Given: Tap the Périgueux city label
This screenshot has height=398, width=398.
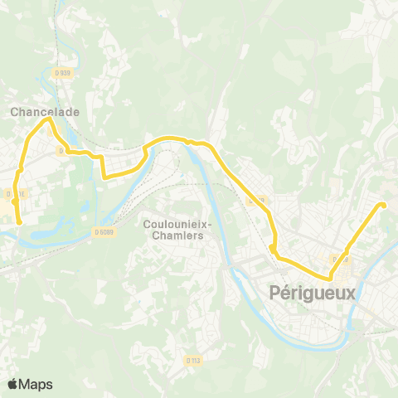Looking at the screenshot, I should (313, 292).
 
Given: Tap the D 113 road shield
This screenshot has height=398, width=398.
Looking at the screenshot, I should (193, 360).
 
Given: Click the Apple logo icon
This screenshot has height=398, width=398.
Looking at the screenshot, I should (13, 384).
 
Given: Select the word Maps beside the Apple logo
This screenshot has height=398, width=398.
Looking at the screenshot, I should (36, 384).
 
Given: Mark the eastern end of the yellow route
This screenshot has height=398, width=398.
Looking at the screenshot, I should (382, 205).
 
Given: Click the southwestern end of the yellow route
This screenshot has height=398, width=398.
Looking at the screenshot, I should (19, 222).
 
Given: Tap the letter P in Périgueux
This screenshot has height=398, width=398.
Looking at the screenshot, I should (275, 292).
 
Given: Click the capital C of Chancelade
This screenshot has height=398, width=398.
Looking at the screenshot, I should (14, 109).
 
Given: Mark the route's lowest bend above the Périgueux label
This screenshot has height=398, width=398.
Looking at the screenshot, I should (330, 279).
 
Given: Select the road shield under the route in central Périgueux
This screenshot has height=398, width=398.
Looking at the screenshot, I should (339, 259).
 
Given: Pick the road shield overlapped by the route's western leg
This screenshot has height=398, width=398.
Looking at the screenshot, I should (13, 195).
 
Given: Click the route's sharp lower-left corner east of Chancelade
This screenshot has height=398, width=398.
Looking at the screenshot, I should (104, 177).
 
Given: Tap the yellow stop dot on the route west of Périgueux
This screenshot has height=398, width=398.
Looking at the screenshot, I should (272, 246).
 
